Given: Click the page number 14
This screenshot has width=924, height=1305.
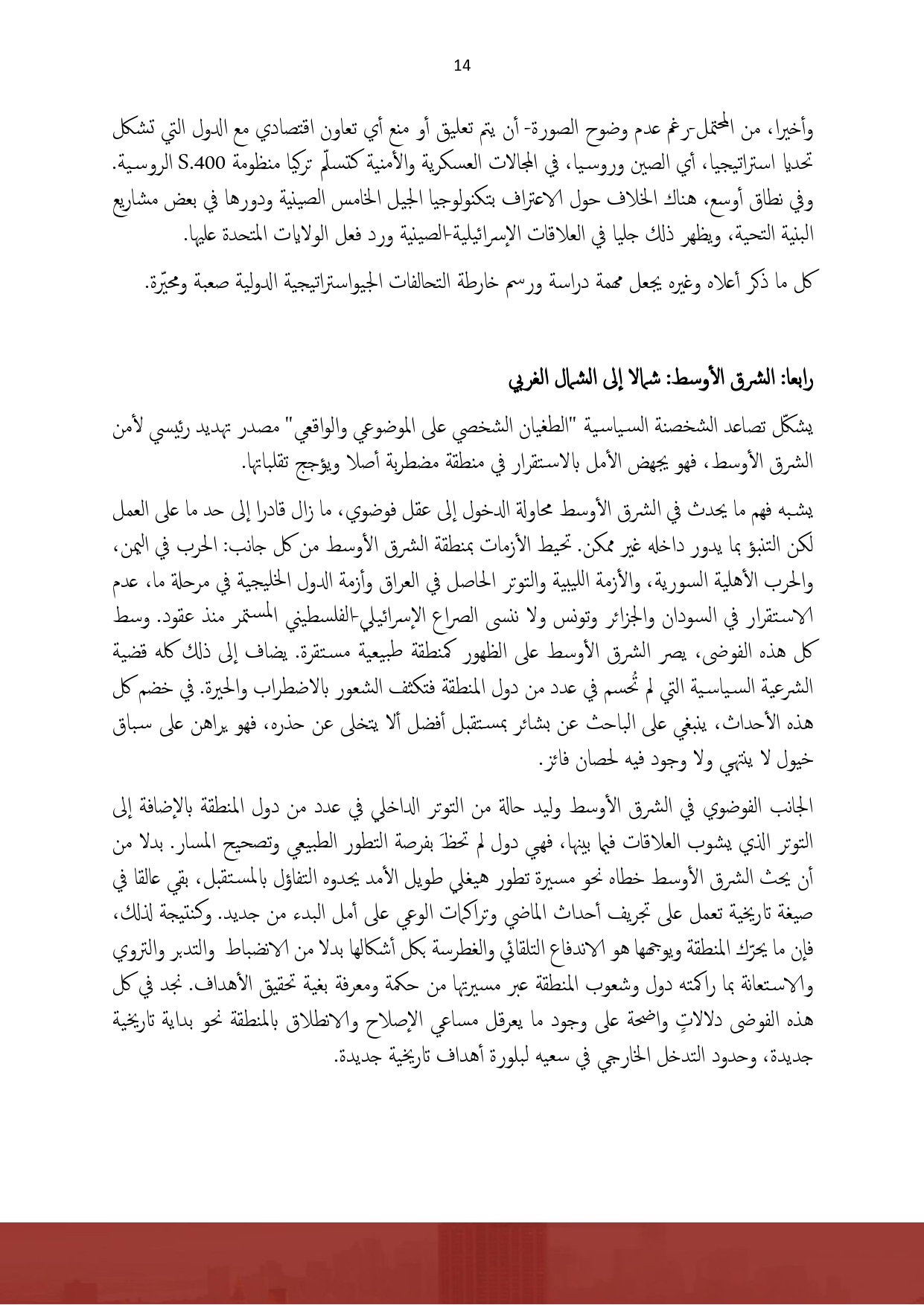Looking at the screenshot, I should (x=462, y=66).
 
